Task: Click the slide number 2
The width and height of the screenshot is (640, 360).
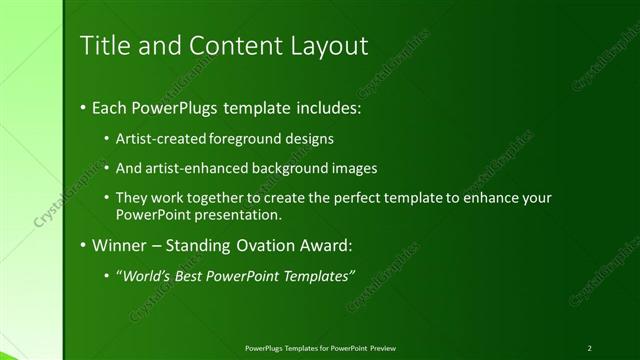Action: (590, 347)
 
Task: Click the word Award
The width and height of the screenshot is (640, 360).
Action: (325, 245)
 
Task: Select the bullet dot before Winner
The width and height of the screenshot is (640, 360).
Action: (82, 245)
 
